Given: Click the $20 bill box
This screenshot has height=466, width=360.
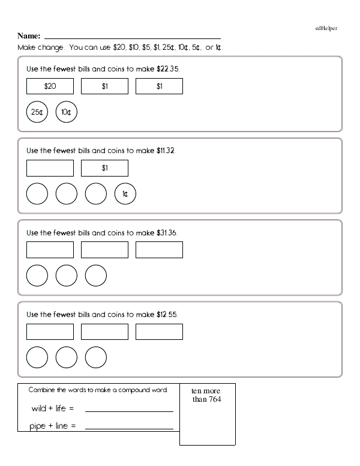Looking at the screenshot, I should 50,86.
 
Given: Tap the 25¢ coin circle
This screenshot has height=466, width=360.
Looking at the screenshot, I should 37,112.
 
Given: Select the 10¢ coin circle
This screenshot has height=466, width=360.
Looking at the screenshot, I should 67,112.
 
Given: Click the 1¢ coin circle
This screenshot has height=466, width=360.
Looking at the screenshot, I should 125,194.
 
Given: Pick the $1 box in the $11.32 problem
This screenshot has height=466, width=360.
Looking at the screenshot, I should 104,168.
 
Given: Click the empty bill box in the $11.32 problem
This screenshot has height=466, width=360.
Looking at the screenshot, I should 50,168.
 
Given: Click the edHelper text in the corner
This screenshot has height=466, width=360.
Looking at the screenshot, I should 326,28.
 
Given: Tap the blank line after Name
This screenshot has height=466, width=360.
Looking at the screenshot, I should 132,38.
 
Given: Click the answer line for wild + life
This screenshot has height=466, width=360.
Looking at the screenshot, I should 129,411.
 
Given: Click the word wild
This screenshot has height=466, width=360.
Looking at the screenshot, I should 39,409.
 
